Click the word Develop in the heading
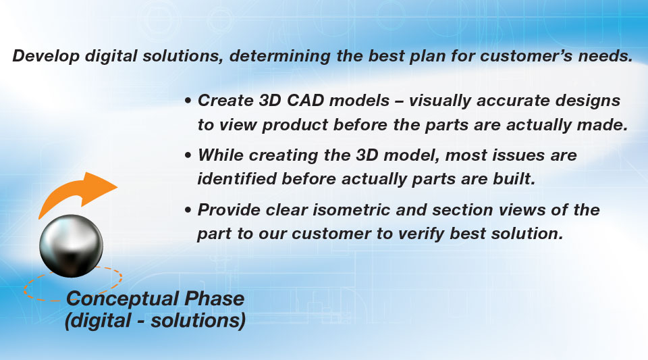46,56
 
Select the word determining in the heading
279,56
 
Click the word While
221,155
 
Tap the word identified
237,179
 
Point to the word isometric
351,209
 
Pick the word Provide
229,209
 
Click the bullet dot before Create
188,101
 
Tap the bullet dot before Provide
188,210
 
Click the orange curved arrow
74,192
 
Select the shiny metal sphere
71,246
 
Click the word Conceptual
123,299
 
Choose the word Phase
214,298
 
